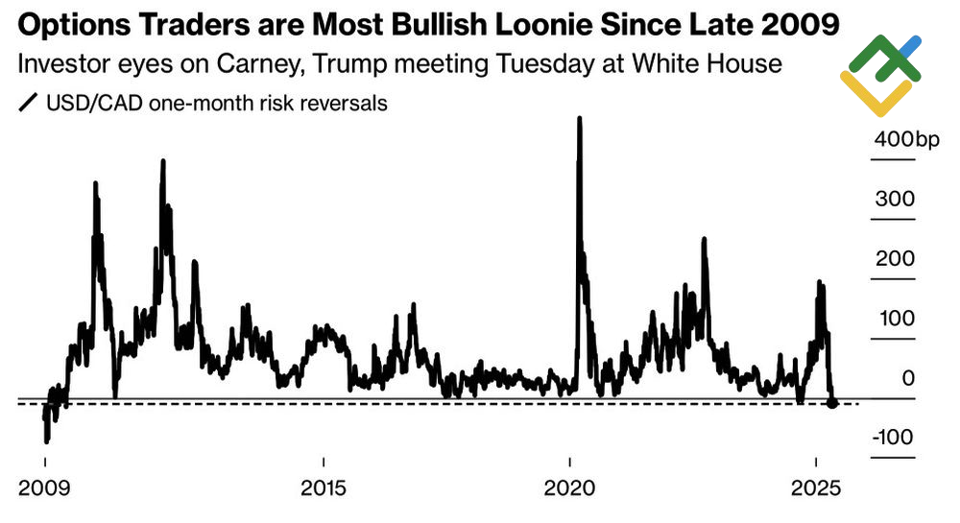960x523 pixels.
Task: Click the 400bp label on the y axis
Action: click(x=907, y=140)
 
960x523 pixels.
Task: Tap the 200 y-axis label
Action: click(x=895, y=259)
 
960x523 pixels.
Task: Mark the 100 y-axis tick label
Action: click(x=895, y=319)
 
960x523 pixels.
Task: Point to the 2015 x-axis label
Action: click(x=324, y=486)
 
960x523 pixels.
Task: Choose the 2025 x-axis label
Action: click(x=816, y=486)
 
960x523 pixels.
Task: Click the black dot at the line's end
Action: click(x=832, y=403)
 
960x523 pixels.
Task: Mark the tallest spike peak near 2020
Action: click(x=579, y=119)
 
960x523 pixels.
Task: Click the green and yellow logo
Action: click(x=881, y=74)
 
